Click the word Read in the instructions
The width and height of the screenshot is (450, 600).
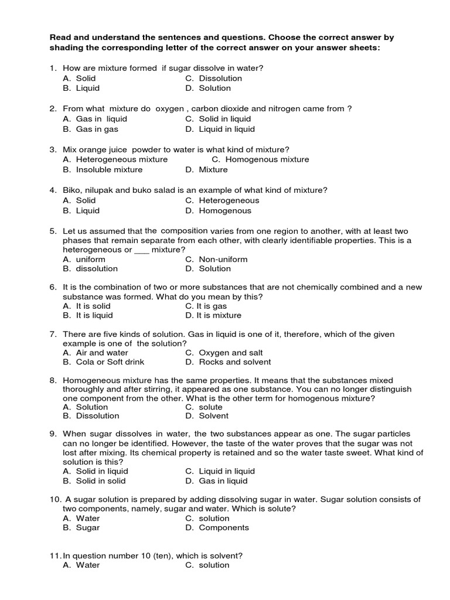60,37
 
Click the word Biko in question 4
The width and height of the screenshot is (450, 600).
72,190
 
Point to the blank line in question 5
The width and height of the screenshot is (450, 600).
142,250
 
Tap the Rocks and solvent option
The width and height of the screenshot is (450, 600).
227,362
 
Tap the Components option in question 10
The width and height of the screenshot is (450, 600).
223,527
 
